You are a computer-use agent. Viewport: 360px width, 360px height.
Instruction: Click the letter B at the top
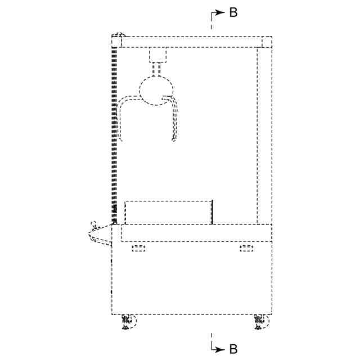pyautogui.click(x=233, y=12)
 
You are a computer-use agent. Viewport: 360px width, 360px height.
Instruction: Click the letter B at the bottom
pyautogui.click(x=233, y=349)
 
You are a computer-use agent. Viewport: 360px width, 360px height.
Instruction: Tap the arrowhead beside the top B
pyautogui.click(x=220, y=12)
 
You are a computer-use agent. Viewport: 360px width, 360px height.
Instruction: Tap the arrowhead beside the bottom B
pyautogui.click(x=220, y=350)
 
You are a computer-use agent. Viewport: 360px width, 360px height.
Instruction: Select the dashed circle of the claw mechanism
pyautogui.click(x=156, y=91)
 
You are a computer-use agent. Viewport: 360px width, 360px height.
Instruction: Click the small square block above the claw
pyautogui.click(x=157, y=55)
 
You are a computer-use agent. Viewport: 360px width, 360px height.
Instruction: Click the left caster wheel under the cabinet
pyautogui.click(x=129, y=322)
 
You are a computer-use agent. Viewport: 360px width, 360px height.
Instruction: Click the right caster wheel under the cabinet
pyautogui.click(x=262, y=322)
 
